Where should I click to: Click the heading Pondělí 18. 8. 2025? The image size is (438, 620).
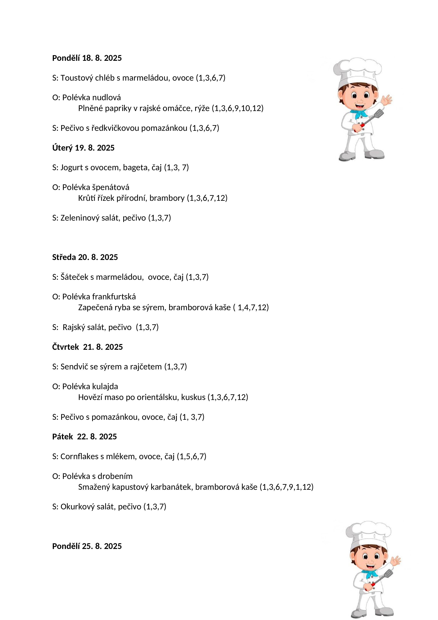tap(87, 58)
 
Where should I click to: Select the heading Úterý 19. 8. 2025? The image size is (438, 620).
tap(83, 148)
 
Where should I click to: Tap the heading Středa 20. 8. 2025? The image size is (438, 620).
tap(85, 257)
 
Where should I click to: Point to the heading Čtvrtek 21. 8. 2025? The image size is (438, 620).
tap(87, 347)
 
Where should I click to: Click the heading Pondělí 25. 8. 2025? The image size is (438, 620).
tap(87, 546)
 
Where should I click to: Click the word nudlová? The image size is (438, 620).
tap(107, 98)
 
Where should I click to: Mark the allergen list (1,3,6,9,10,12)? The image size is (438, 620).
tap(238, 108)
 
